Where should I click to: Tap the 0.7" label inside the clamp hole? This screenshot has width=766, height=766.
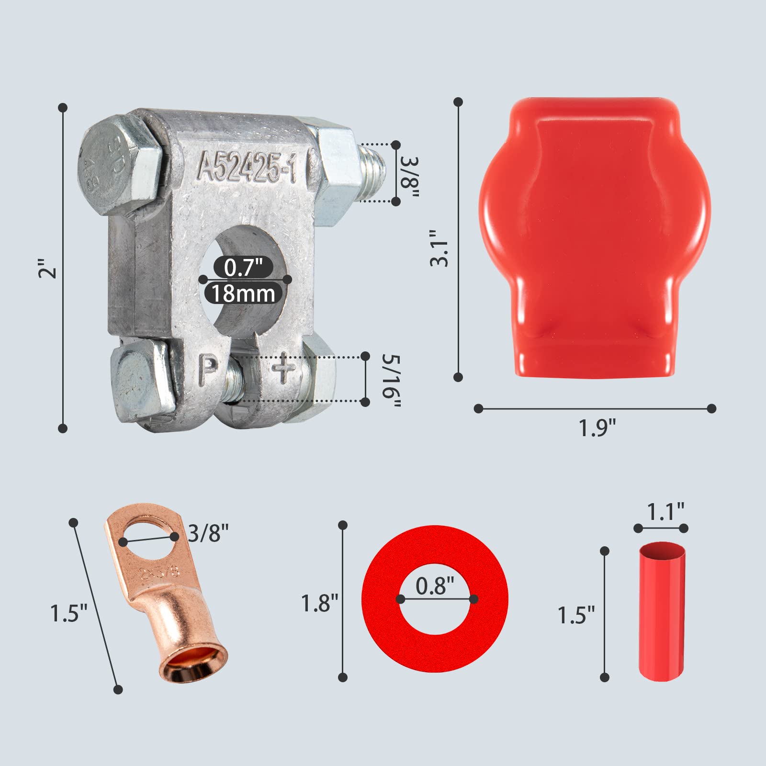pos(243,267)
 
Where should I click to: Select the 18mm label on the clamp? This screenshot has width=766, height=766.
pos(243,293)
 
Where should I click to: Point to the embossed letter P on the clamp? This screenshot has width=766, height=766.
pos(208,369)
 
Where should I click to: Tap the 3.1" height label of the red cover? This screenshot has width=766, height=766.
pos(439,248)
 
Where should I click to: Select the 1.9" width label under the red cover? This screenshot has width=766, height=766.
pos(597,428)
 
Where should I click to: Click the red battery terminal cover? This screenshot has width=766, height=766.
pos(595,230)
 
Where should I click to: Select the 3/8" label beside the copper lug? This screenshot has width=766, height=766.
pos(208,532)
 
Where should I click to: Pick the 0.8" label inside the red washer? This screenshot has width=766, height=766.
pos(435,586)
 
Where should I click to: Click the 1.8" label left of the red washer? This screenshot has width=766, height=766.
pos(319,603)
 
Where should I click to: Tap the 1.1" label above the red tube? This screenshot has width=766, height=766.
pos(665,512)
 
